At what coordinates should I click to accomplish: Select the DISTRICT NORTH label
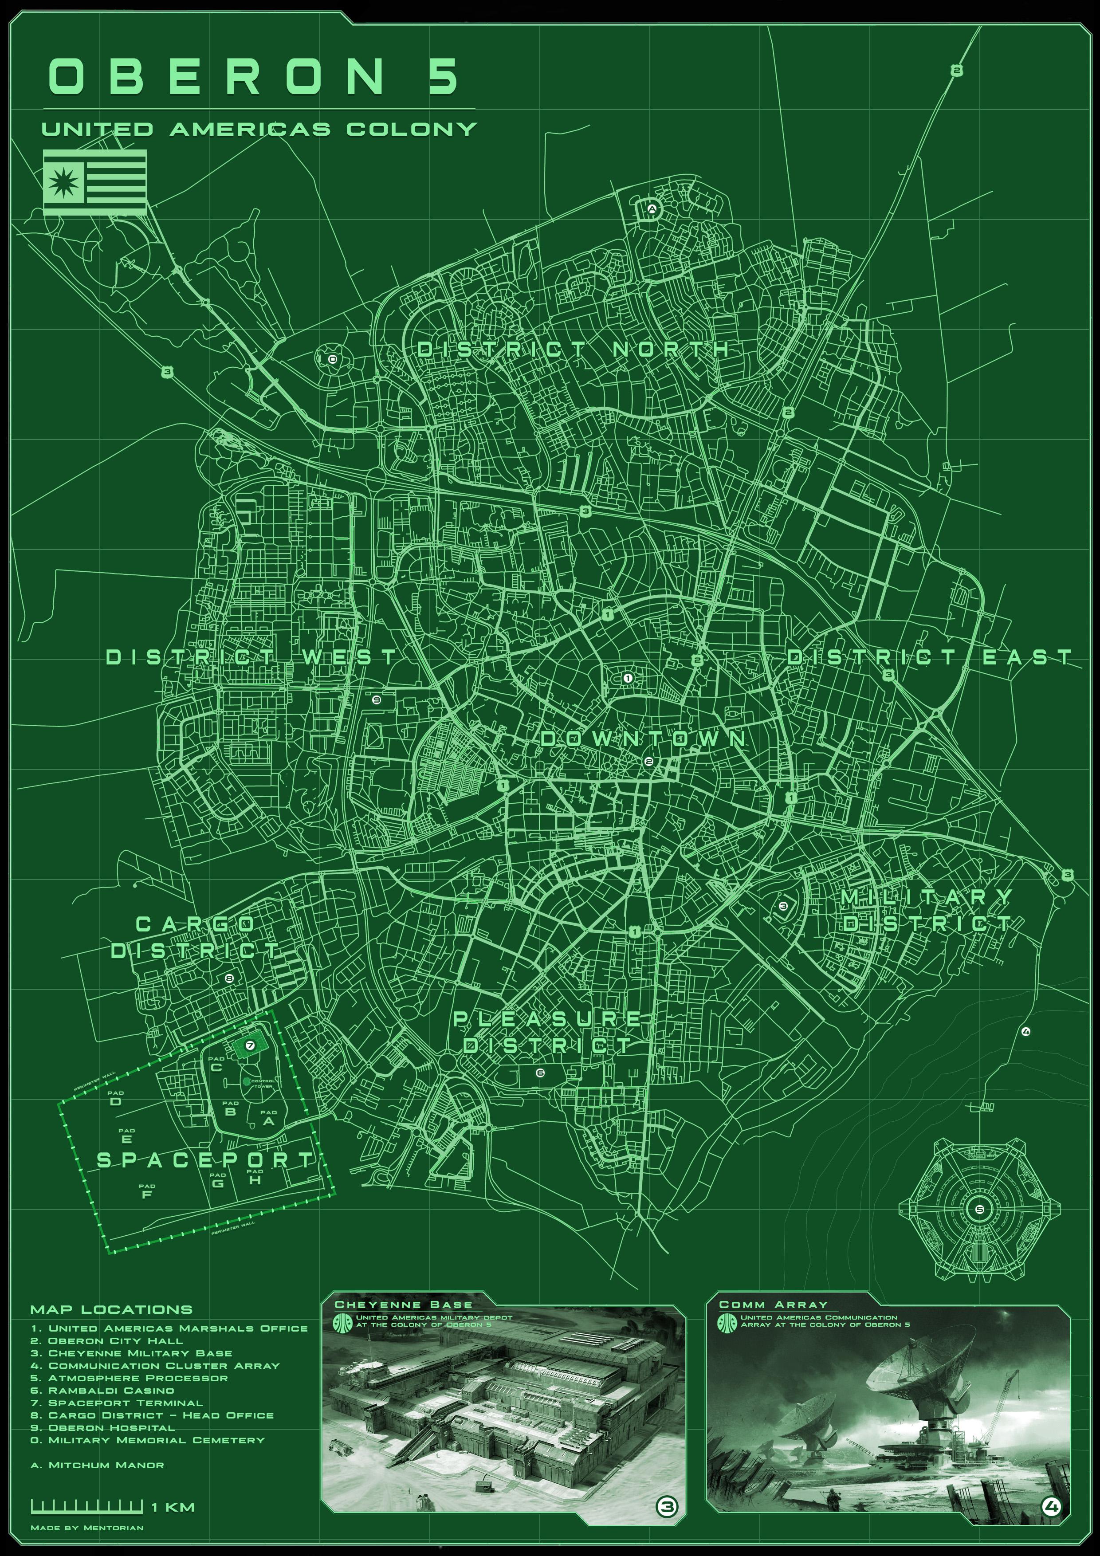coord(573,350)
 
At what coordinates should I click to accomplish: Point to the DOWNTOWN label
coord(644,739)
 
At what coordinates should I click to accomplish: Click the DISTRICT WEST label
coord(251,657)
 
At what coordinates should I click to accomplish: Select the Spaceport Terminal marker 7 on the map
coord(250,1046)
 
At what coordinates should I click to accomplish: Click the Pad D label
coord(116,1101)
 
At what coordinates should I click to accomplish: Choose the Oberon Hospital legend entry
coord(102,1427)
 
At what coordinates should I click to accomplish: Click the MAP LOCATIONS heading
coord(111,1310)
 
